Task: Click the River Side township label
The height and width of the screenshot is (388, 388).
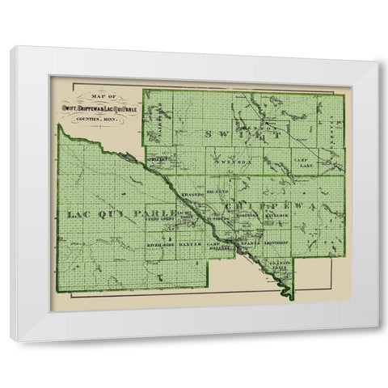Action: coord(161,242)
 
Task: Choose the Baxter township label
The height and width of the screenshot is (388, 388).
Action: coord(191,242)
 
